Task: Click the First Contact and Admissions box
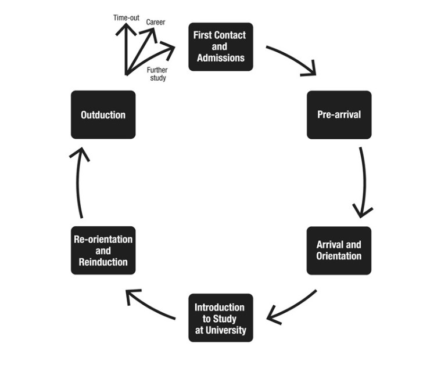click(x=221, y=46)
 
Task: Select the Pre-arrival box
click(x=339, y=114)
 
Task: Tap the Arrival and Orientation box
click(x=339, y=250)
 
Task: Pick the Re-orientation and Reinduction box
click(x=103, y=250)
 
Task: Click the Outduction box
click(x=103, y=114)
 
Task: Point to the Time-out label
click(x=126, y=18)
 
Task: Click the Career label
click(x=156, y=22)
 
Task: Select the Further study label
click(x=156, y=74)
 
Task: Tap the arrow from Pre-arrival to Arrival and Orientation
click(x=364, y=183)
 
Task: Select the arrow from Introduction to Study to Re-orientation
click(x=150, y=304)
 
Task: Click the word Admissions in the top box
click(x=221, y=58)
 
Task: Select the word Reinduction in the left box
click(x=103, y=262)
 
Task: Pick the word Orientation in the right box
click(x=339, y=256)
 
